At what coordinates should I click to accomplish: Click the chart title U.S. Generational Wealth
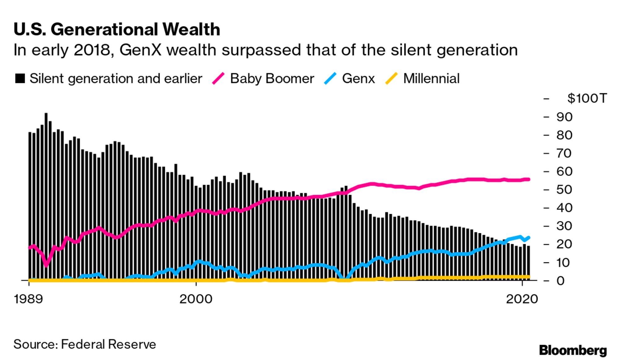[x=117, y=30]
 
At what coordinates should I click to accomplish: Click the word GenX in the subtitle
[x=140, y=50]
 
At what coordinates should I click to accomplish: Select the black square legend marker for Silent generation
[x=20, y=79]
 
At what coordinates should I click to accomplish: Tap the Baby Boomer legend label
[x=272, y=79]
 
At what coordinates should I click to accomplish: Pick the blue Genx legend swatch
[x=330, y=79]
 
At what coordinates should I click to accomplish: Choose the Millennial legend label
[x=431, y=79]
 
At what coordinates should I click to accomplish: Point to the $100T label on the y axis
[x=587, y=98]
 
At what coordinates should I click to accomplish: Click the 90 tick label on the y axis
[x=564, y=117]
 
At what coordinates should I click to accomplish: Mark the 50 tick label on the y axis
[x=564, y=190]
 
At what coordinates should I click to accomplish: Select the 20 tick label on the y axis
[x=564, y=244]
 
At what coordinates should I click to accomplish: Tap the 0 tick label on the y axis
[x=560, y=281]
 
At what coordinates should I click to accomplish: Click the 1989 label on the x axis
[x=28, y=299]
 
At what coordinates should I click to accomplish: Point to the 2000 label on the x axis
[x=196, y=299]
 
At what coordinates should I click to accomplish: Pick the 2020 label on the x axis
[x=522, y=299]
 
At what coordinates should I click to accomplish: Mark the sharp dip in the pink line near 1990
[x=46, y=265]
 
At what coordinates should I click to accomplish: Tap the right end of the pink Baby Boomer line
[x=528, y=179]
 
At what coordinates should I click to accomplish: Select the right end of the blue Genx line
[x=528, y=238]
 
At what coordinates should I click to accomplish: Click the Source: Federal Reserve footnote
[x=85, y=344]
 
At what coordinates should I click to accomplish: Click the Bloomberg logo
[x=573, y=350]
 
